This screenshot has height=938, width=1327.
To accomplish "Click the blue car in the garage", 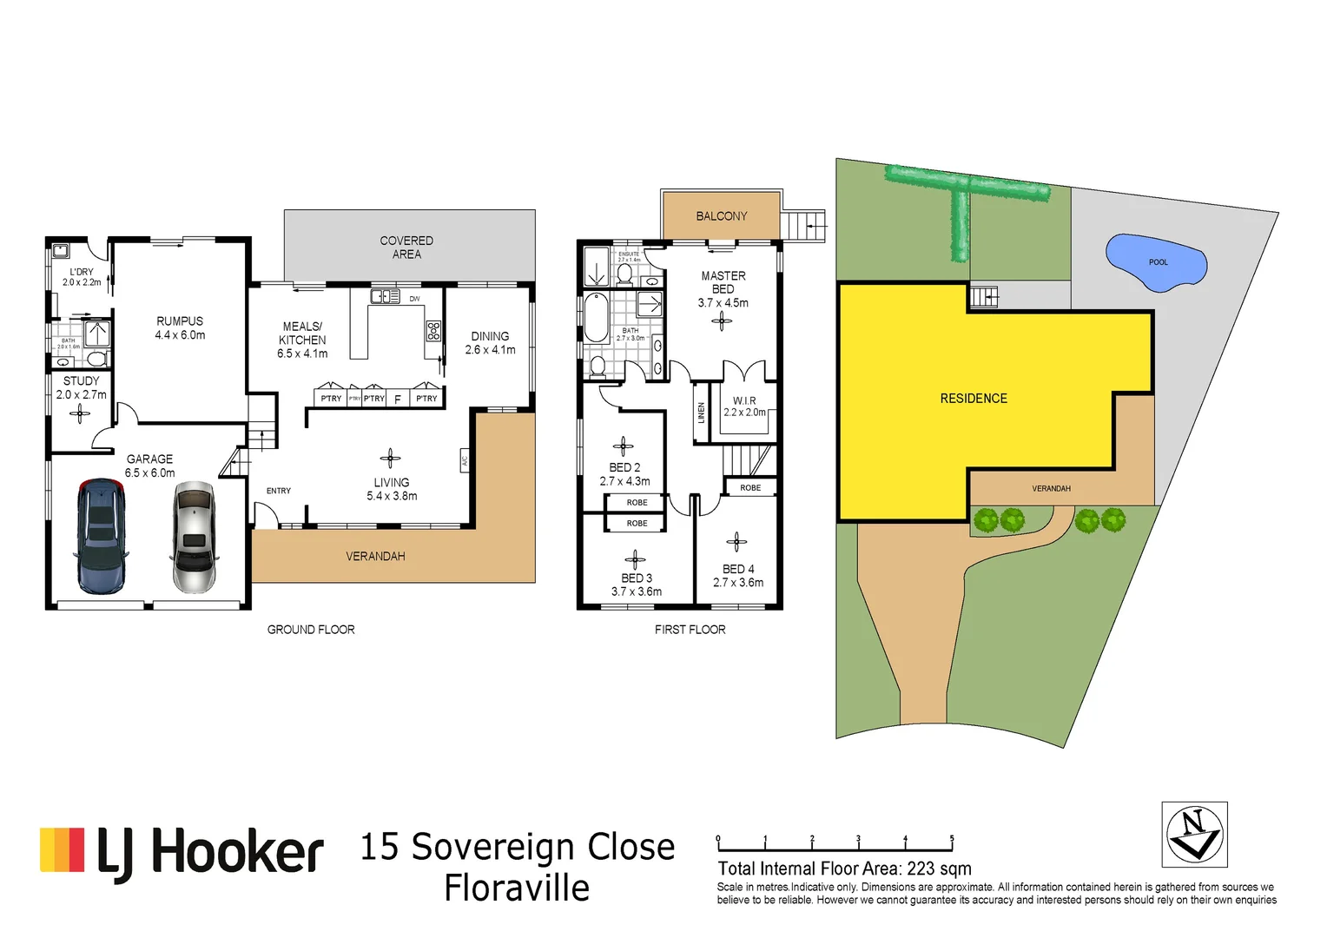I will (x=102, y=536).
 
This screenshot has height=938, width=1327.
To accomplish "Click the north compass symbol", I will (x=1194, y=835).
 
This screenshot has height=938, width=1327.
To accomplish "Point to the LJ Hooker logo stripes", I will (x=63, y=850).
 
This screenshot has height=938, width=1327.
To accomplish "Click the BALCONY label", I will (x=721, y=216).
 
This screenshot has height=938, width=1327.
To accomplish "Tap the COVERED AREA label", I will (x=406, y=248).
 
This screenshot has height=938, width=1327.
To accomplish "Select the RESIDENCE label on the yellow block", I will (x=974, y=399).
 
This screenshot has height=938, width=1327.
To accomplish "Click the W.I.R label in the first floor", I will (x=744, y=400).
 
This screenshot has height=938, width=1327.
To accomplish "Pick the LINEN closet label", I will (x=701, y=413).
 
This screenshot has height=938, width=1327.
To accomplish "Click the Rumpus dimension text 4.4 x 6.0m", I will (x=180, y=335).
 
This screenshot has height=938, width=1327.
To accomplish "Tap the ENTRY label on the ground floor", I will (x=279, y=491).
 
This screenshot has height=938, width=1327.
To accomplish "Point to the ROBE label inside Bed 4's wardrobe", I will (x=750, y=488).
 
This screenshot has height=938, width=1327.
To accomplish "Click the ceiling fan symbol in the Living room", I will (x=390, y=459).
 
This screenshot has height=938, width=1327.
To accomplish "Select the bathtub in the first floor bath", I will (x=597, y=319).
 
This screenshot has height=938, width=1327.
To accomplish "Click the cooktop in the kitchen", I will (x=433, y=331).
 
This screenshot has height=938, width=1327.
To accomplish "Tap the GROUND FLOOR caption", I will (x=311, y=630).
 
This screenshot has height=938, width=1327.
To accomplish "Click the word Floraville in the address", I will (x=517, y=888).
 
